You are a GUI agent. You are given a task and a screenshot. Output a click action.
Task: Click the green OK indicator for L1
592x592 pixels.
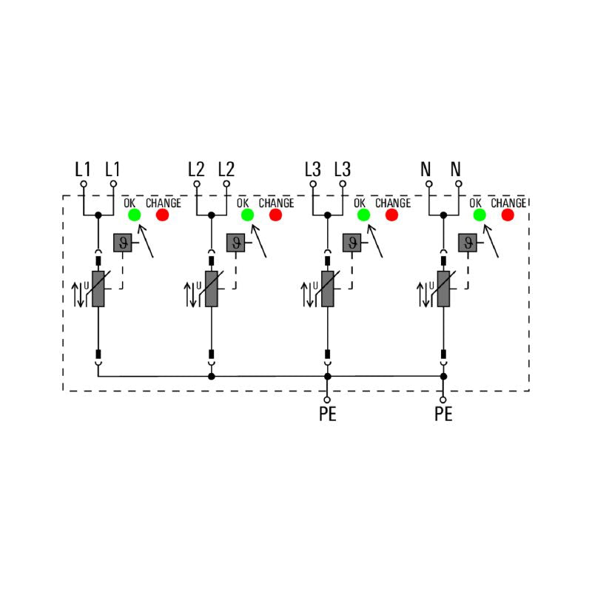click(x=135, y=215)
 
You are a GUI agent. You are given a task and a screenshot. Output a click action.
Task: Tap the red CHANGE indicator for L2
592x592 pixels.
click(x=275, y=215)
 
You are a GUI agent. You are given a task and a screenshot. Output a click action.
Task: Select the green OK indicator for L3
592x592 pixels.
click(x=363, y=215)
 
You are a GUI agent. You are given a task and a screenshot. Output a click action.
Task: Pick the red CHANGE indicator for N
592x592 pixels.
click(x=508, y=215)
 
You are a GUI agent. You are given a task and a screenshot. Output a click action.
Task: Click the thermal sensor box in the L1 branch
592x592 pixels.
click(x=123, y=243)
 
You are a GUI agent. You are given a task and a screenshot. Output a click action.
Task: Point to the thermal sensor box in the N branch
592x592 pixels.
click(x=468, y=243)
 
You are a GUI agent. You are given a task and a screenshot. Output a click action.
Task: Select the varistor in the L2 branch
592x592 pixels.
click(x=212, y=289)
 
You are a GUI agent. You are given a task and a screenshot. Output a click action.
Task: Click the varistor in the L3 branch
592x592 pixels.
click(x=327, y=289)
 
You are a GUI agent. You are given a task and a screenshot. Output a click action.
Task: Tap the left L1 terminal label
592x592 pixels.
click(x=83, y=169)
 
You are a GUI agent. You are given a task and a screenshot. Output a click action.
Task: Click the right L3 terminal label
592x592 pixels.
click(x=342, y=169)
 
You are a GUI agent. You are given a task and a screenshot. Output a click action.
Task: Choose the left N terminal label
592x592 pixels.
click(x=425, y=169)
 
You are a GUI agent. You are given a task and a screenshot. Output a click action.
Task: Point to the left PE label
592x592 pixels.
click(x=327, y=414)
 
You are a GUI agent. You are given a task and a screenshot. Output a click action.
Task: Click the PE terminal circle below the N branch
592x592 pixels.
click(x=443, y=400)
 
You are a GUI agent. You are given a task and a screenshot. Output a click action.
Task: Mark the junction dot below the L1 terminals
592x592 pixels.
click(x=98, y=215)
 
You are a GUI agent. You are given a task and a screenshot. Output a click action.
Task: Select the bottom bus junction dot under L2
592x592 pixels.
click(x=212, y=377)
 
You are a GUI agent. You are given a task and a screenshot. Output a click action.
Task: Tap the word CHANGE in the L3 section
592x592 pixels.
click(x=393, y=203)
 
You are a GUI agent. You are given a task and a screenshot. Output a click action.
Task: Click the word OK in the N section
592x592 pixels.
click(x=475, y=203)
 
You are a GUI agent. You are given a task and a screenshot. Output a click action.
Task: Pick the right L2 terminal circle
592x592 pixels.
click(x=226, y=184)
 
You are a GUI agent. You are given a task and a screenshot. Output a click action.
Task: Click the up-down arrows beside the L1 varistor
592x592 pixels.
click(x=78, y=295)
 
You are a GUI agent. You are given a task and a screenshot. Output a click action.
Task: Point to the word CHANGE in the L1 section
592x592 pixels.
click(x=164, y=203)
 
